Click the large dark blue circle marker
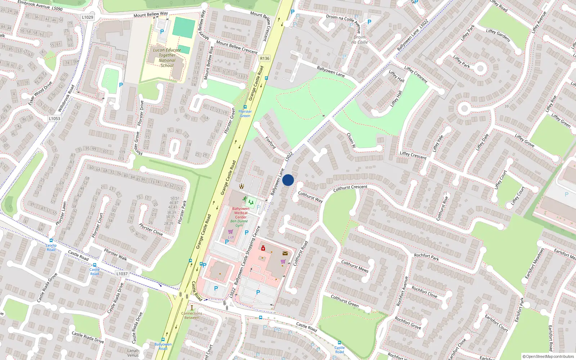[x=288, y=180]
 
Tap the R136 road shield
[x=264, y=58]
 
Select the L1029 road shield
[x=87, y=17]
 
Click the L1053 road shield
[x=54, y=118]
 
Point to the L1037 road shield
[x=122, y=274]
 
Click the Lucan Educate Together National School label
[x=167, y=58]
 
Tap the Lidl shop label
[x=231, y=237]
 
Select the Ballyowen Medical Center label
[x=240, y=213]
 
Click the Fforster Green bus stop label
[x=245, y=113]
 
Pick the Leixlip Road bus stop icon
[x=51, y=240]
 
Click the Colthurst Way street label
[x=310, y=197]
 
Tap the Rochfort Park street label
[x=426, y=257]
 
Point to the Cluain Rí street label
[x=351, y=140]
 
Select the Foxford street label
[x=270, y=143]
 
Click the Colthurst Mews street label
[x=355, y=266]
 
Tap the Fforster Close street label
[x=151, y=230]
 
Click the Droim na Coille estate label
[x=360, y=40]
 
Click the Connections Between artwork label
[x=192, y=315]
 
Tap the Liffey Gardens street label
[x=498, y=35]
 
